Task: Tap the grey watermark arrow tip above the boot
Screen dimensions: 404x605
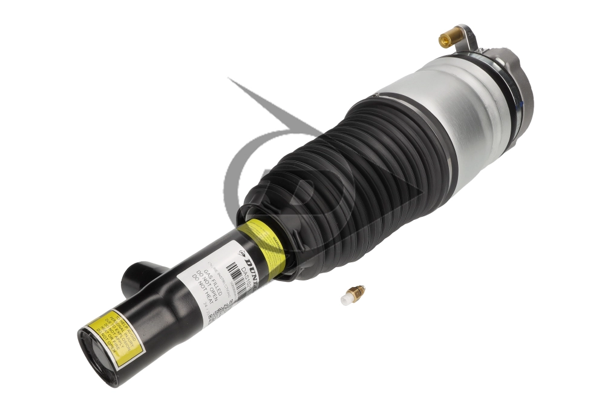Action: click(x=233, y=82)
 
